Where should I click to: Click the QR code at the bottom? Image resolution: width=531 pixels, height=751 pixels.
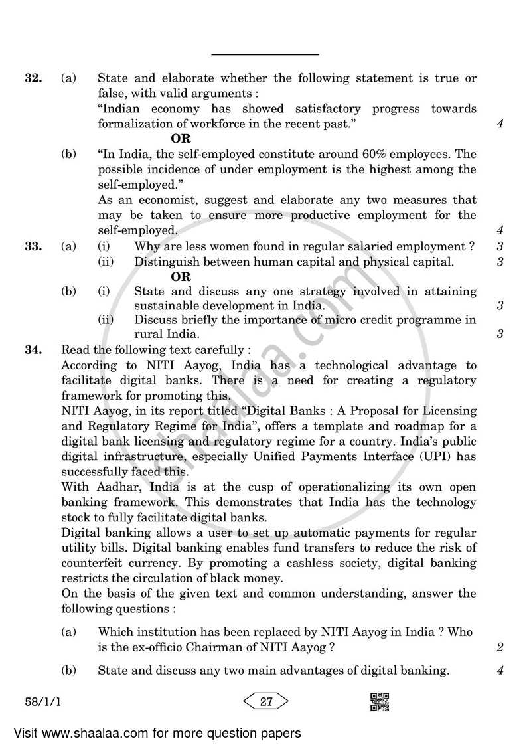click(x=379, y=701)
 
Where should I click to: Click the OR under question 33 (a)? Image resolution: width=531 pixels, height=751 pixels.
click(x=181, y=277)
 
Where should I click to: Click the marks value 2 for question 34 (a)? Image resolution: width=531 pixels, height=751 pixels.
click(x=500, y=647)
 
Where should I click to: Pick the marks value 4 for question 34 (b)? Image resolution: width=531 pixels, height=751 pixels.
click(x=500, y=671)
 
